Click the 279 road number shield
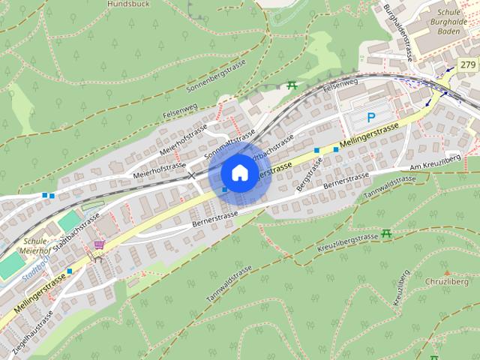(x=468, y=65)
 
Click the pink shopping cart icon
(x=99, y=244)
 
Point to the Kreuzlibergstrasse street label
(x=346, y=241)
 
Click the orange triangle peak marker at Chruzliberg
(x=447, y=274)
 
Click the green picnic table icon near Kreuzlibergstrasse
(x=386, y=234)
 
